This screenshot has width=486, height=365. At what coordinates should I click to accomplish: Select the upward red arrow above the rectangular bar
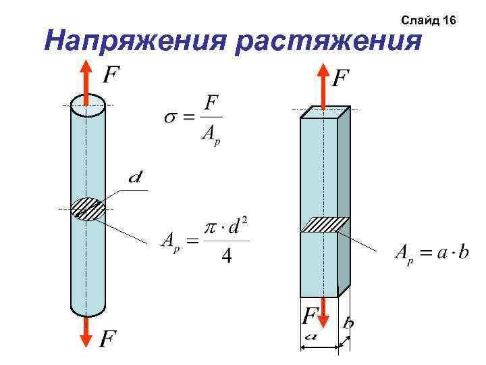point(323,84)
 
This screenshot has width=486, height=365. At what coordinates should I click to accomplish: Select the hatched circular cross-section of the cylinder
point(87,209)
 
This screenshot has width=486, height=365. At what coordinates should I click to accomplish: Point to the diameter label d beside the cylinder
point(136,178)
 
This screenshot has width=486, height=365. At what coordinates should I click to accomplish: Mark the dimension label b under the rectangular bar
point(348,324)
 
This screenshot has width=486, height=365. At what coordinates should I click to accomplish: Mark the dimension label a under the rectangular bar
point(311,335)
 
